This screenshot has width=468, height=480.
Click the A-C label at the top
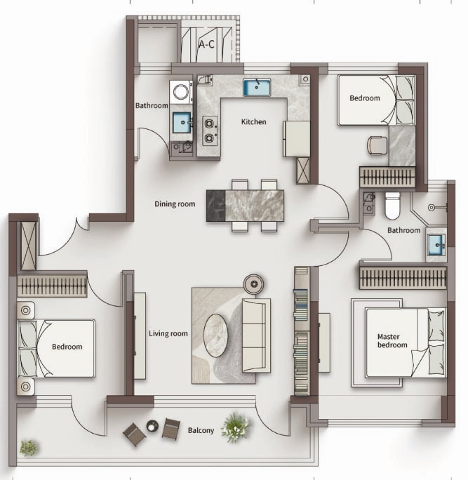(206, 45)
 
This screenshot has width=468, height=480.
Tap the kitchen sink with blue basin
(257, 87)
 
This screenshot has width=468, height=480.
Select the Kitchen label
(254, 122)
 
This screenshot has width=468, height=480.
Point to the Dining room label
(175, 204)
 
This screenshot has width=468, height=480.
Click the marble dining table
(245, 206)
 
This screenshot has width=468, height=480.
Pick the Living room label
(168, 333)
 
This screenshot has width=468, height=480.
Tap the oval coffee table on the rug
(216, 335)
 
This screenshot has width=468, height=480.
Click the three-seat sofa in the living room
(257, 335)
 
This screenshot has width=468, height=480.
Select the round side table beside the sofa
(254, 284)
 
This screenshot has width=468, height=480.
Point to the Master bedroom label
(392, 341)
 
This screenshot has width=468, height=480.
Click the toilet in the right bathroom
(393, 206)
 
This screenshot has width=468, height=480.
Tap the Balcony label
(201, 430)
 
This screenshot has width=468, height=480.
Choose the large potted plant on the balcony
(236, 427)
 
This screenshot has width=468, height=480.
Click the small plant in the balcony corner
(29, 448)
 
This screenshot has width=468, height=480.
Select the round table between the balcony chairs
(152, 426)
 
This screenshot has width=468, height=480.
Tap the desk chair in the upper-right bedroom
(377, 145)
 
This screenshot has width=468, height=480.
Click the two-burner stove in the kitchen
(210, 131)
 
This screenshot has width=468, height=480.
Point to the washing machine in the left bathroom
(181, 92)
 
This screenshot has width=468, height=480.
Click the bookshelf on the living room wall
(302, 331)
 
